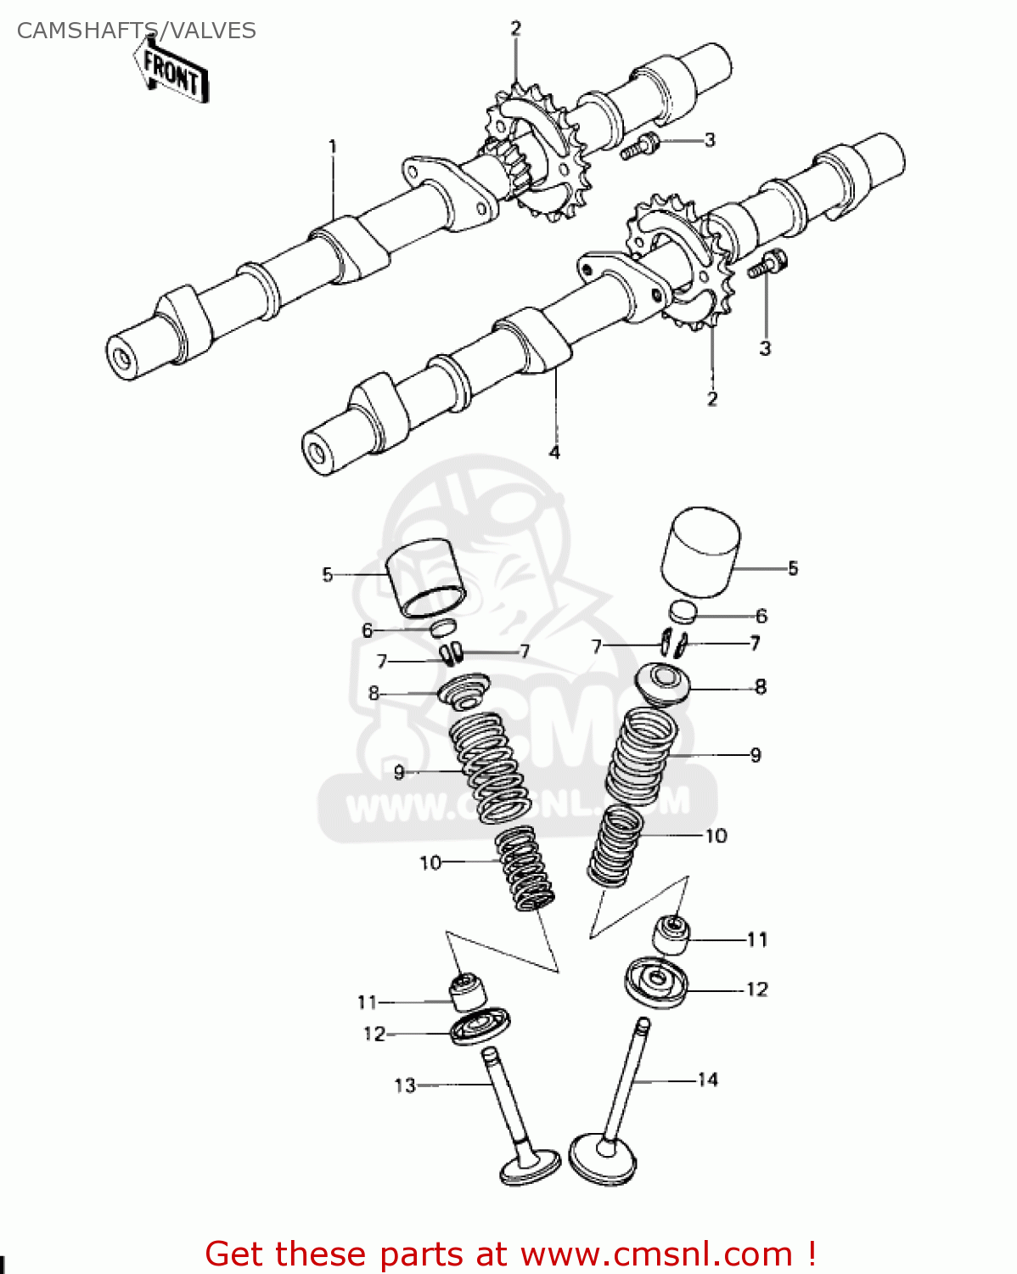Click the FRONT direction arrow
pos(172,73)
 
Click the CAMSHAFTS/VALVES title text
pos(136,31)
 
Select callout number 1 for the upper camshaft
pos(333,146)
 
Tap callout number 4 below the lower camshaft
pos(554,452)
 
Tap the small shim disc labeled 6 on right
pos(683,612)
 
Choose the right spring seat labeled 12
pos(656,983)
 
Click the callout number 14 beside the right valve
pos(708,1080)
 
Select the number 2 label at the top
pos(515,28)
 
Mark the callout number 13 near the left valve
pos(405,1085)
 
